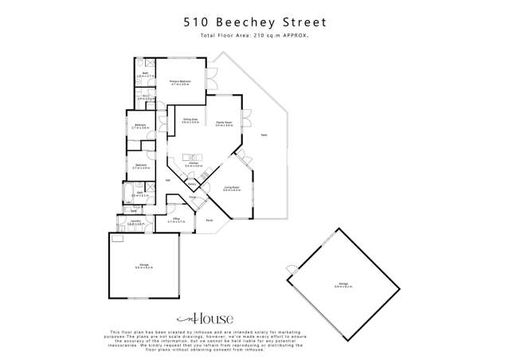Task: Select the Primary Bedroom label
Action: [x=179, y=83]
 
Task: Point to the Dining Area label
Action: [x=190, y=121]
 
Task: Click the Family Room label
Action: [x=224, y=123]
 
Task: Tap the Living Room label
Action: [x=231, y=190]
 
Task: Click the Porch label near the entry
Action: [x=209, y=220]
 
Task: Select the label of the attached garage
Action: [x=144, y=267]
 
